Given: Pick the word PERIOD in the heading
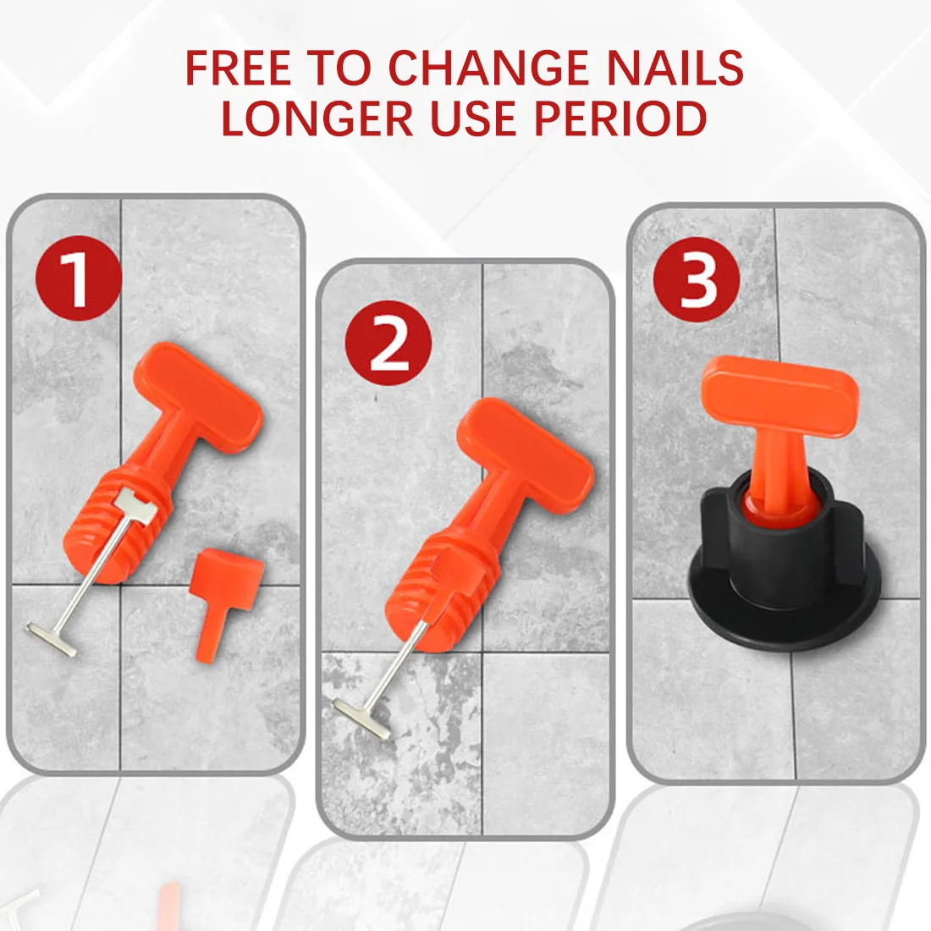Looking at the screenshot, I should [x=620, y=118].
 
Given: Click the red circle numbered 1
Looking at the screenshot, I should [x=78, y=278].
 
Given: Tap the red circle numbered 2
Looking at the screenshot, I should [x=388, y=343].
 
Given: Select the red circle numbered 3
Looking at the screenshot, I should [x=697, y=279].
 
